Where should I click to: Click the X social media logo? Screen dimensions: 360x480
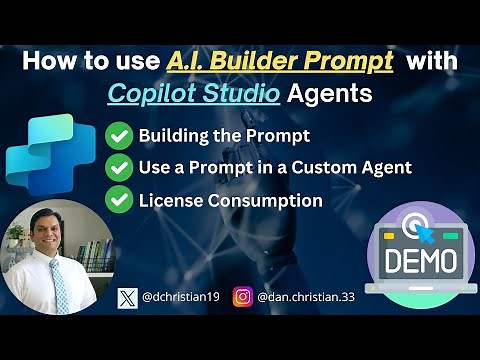pyautogui.click(x=127, y=297)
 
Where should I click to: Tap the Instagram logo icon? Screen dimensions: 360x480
pyautogui.click(x=242, y=297)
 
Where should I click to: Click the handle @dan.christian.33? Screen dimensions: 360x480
pyautogui.click(x=304, y=297)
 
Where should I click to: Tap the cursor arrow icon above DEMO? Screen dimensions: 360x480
pyautogui.click(x=421, y=222)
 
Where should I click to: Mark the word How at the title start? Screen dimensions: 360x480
pyautogui.click(x=46, y=61)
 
